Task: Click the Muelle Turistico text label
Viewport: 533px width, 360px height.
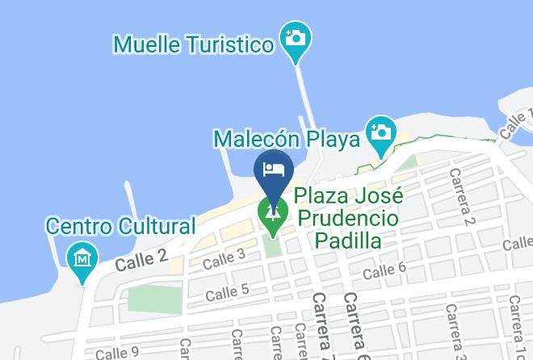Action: pos(194,44)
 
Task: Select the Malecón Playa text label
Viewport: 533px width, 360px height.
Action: pos(286,140)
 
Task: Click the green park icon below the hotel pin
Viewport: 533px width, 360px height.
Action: pos(274,214)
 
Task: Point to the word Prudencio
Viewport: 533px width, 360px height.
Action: pos(346,218)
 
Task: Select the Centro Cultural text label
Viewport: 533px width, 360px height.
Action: pos(120,226)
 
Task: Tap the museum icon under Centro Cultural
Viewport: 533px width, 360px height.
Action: pos(82,259)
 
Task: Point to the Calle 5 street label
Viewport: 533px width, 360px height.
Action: pos(227,291)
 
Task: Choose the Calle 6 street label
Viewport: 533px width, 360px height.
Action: pos(384,272)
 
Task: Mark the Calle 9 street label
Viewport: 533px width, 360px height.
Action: pos(117,353)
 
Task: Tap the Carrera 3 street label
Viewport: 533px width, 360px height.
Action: pos(453,331)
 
